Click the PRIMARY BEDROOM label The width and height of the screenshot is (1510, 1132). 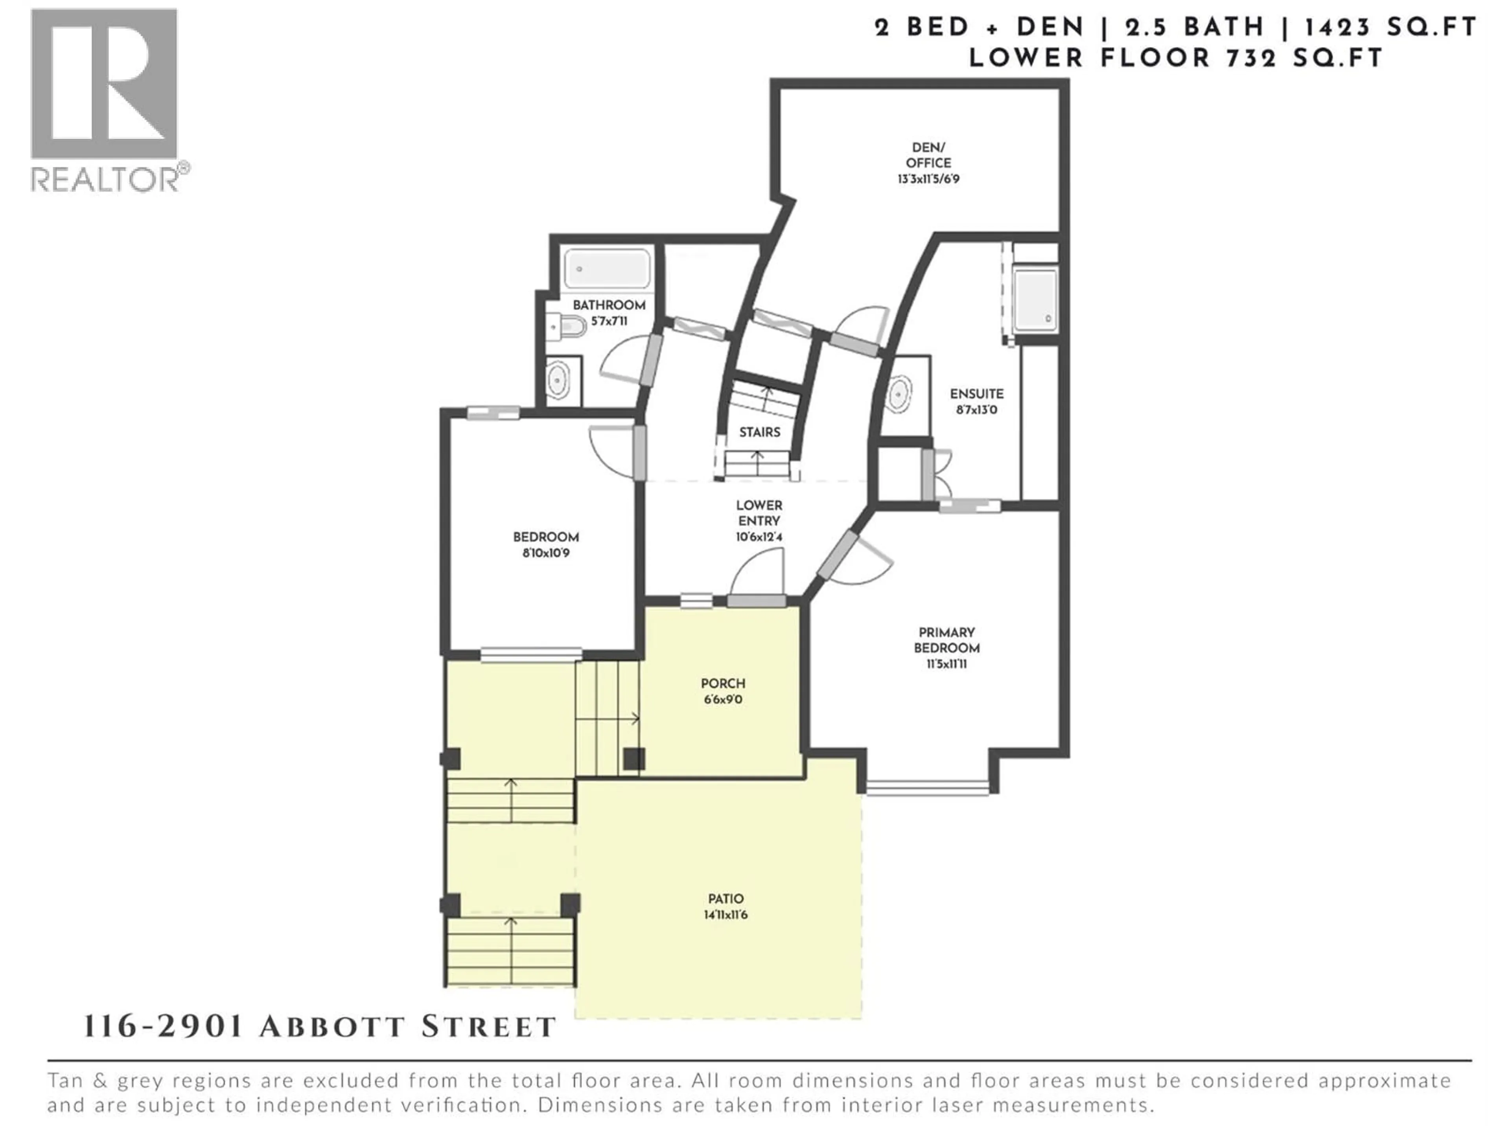click(x=946, y=640)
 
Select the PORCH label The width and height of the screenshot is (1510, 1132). click(x=723, y=683)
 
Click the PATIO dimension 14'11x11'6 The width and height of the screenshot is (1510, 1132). click(x=725, y=914)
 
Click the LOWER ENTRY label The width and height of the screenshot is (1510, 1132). click(x=759, y=513)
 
